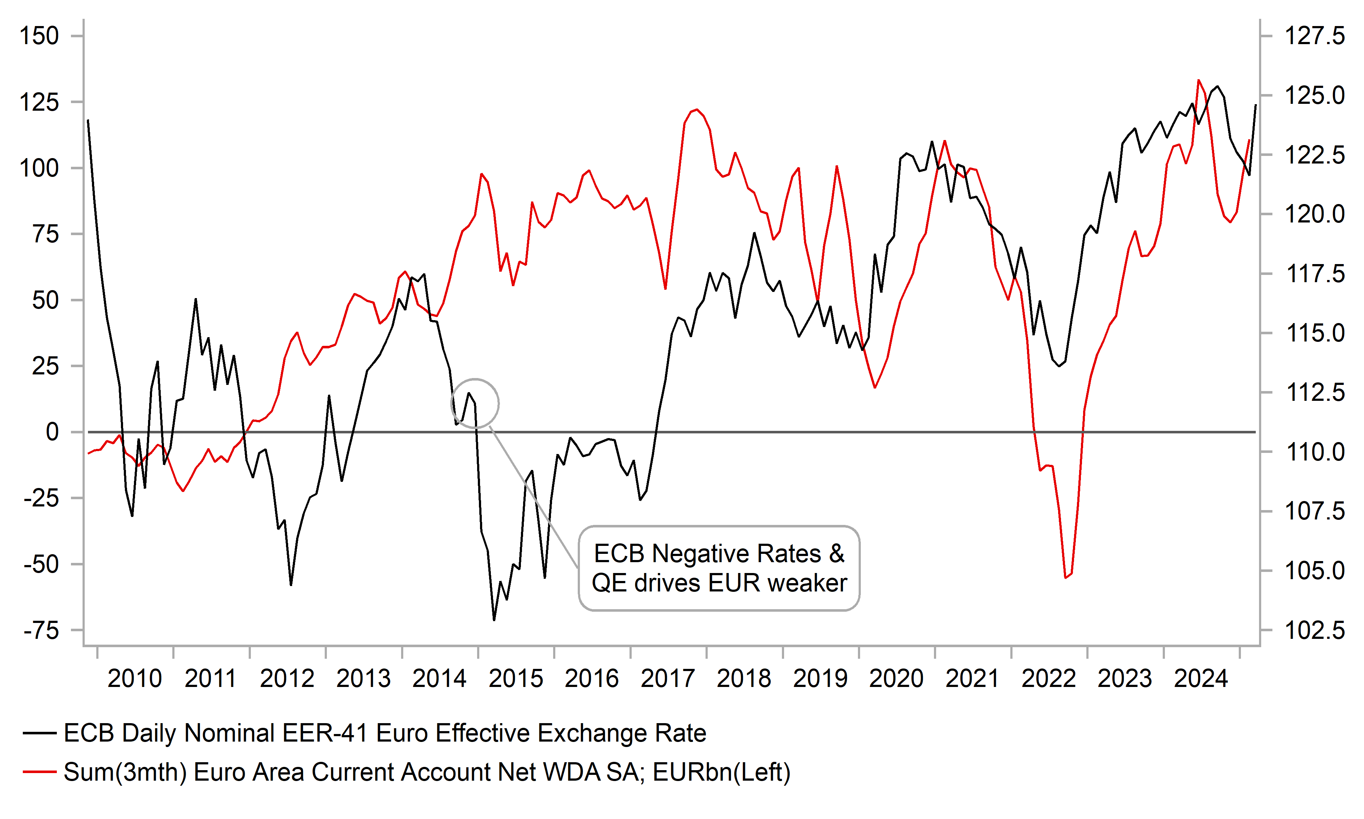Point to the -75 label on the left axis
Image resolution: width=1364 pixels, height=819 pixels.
point(41,630)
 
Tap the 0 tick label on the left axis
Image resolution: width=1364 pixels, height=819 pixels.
point(52,432)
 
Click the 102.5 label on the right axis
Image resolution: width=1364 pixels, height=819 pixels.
point(1315,630)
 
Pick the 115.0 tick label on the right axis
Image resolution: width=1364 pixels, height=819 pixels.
point(1315,333)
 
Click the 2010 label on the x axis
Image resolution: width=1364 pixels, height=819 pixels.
point(134,679)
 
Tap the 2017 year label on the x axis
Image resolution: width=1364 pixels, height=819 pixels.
point(668,679)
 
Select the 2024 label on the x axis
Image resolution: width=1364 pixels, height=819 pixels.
point(1200,679)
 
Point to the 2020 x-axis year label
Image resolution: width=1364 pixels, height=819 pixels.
point(896,679)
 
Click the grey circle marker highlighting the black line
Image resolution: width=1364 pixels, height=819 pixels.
point(475,403)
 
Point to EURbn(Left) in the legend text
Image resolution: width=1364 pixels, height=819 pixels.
point(721,772)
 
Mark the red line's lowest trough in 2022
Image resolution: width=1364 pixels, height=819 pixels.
point(1065,578)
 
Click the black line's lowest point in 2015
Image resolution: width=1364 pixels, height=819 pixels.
point(494,620)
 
